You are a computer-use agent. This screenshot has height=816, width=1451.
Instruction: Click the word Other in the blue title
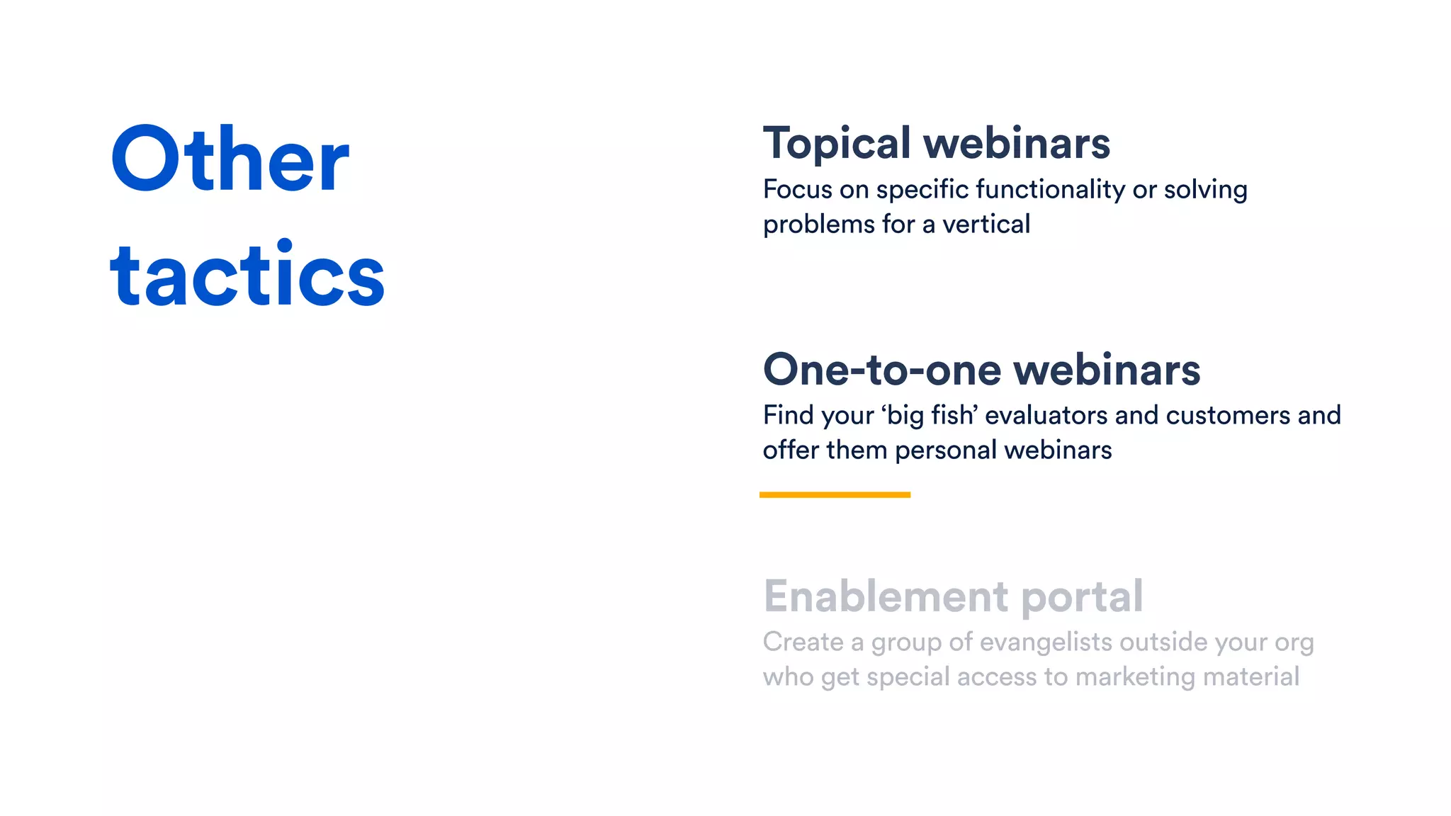coord(230,159)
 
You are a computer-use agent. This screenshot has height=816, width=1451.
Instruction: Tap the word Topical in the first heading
coord(837,144)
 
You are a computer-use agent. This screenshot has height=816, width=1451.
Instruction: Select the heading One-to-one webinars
coord(981,370)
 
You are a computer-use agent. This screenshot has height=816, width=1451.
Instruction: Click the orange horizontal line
coord(835,494)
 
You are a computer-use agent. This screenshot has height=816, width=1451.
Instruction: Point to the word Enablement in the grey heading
coord(886,596)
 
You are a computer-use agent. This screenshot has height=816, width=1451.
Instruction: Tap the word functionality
coord(1050,190)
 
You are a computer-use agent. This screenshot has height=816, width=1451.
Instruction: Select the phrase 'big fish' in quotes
coord(930,415)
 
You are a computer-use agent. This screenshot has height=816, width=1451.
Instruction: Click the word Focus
coord(798,190)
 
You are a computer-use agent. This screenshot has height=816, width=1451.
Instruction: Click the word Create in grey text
coord(803,642)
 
